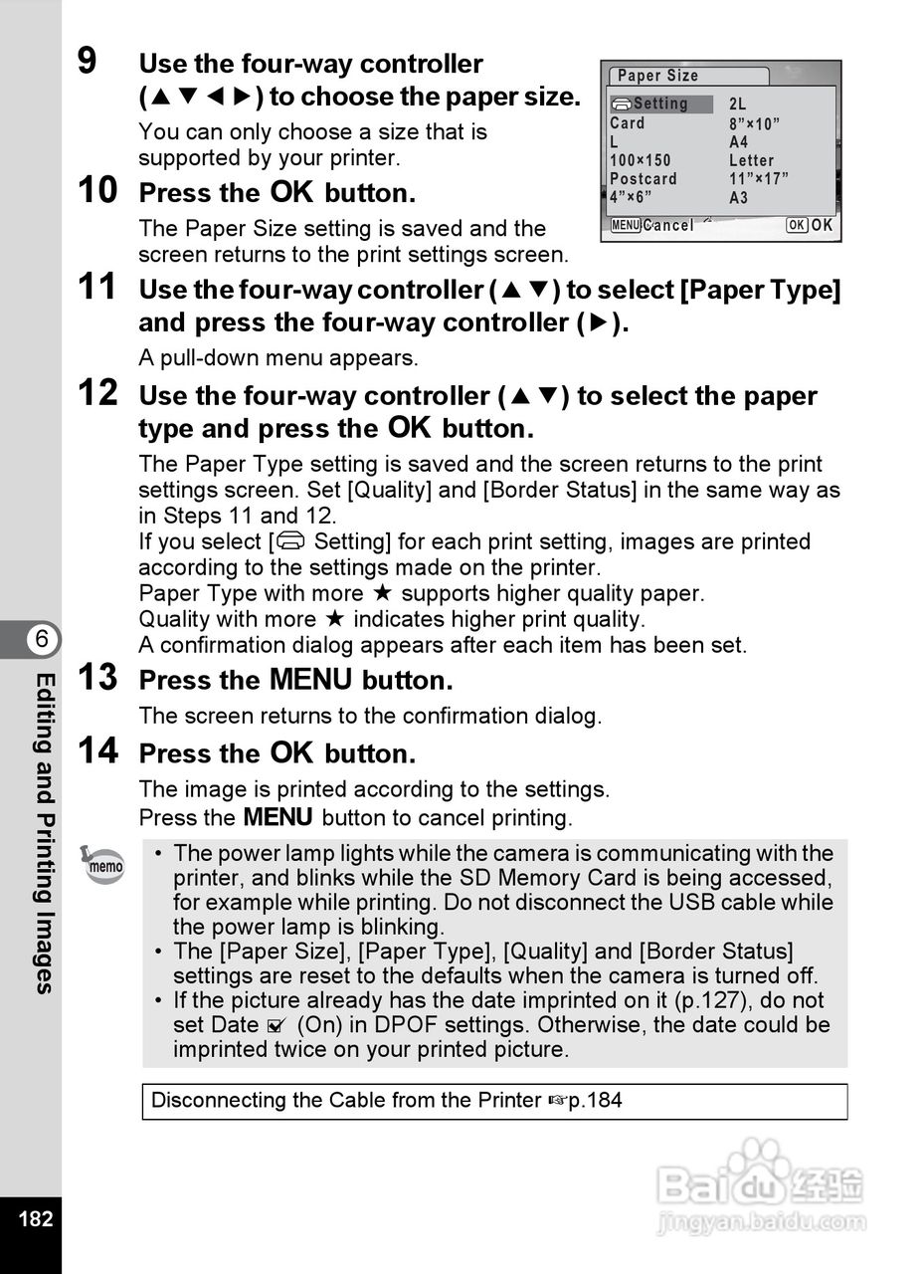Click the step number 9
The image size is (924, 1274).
tap(88, 61)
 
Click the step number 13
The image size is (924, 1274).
tap(97, 678)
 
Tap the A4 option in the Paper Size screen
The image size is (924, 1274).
tap(738, 142)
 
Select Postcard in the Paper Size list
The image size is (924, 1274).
tap(644, 179)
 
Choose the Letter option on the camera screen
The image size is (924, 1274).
tap(751, 160)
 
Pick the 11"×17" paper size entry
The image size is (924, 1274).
tap(759, 179)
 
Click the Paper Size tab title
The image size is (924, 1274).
tap(658, 76)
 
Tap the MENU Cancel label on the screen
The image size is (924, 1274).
tap(652, 225)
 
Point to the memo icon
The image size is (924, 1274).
tap(103, 864)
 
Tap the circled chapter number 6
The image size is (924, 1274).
tap(43, 640)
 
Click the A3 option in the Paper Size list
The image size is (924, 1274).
tap(738, 198)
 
